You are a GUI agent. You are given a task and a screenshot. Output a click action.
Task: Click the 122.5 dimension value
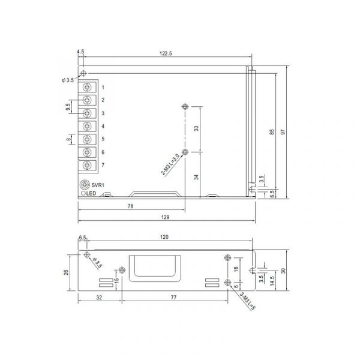click(x=166, y=53)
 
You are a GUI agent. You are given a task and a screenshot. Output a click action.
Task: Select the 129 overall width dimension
click(x=165, y=217)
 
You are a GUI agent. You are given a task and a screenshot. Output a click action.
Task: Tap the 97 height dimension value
click(x=283, y=132)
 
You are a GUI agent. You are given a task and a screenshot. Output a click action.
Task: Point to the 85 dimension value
click(x=272, y=132)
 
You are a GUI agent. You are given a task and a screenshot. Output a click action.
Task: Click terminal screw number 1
click(x=87, y=87)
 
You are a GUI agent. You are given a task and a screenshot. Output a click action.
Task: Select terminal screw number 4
click(x=87, y=126)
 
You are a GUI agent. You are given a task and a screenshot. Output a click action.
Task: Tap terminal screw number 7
click(x=87, y=165)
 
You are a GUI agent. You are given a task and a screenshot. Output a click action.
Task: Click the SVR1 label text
click(x=98, y=185)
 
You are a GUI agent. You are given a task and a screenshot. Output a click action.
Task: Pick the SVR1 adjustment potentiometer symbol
click(x=84, y=184)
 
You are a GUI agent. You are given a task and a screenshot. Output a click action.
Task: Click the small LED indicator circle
click(x=83, y=193)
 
